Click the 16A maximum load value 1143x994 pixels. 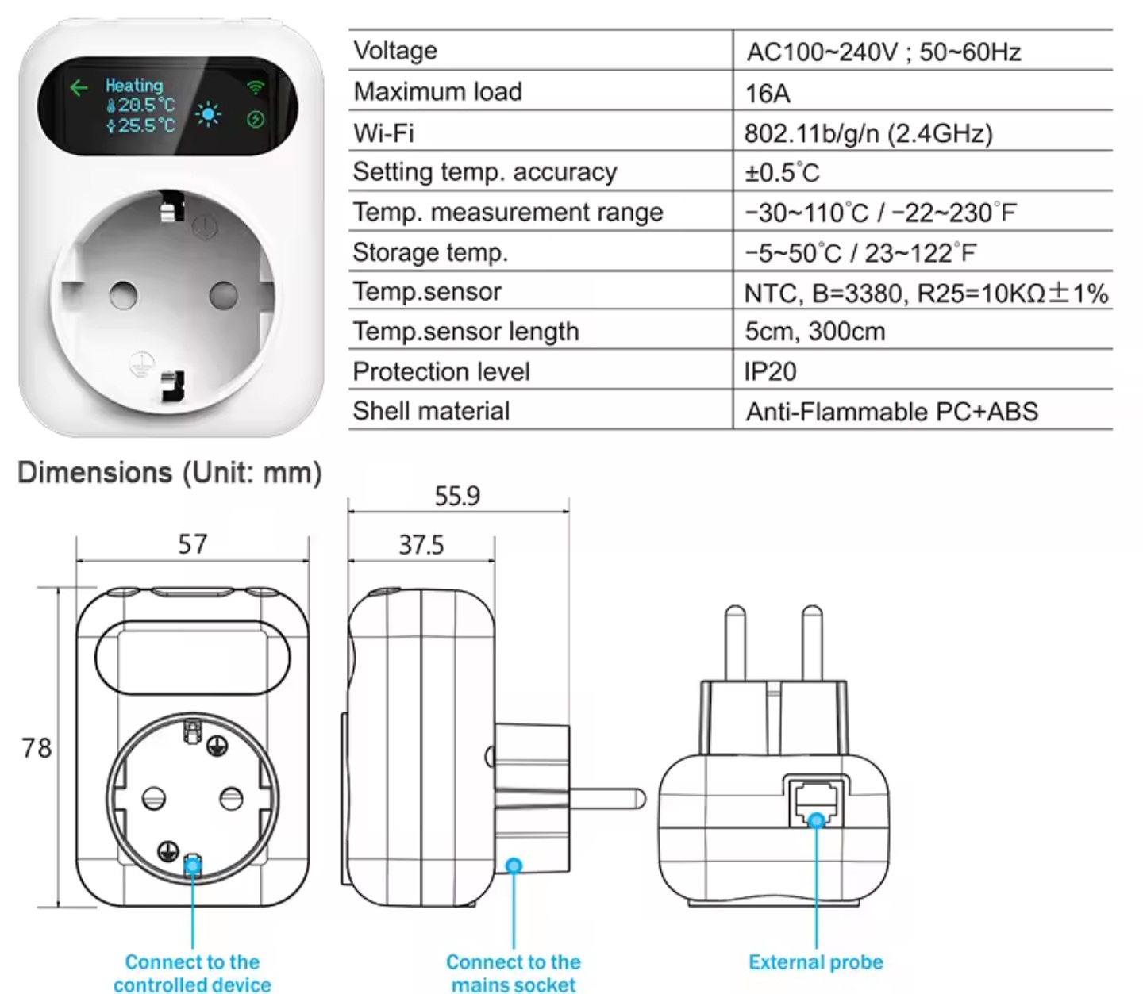click(x=768, y=93)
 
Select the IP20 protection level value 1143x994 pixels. click(x=770, y=371)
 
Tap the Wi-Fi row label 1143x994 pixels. click(x=383, y=132)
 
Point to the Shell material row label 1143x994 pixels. click(x=431, y=411)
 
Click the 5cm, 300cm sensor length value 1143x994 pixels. click(x=815, y=332)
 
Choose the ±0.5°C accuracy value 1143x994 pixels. click(x=782, y=172)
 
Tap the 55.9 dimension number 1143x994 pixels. click(x=457, y=496)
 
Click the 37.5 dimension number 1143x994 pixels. click(x=421, y=545)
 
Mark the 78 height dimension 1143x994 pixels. click(x=37, y=748)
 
